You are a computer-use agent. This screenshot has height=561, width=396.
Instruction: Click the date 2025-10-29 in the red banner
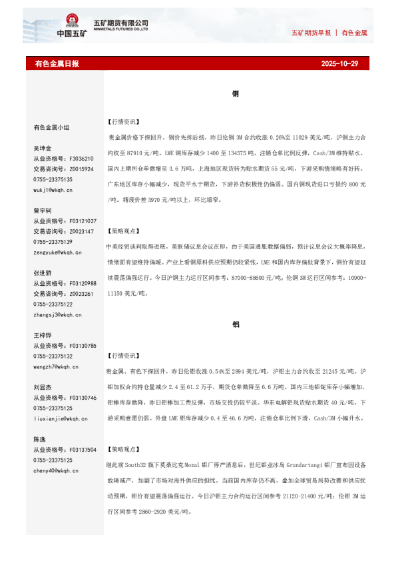[339, 64]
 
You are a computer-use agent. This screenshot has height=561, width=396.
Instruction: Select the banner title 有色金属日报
[57, 64]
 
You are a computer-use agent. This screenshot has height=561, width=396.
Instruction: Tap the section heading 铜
[236, 95]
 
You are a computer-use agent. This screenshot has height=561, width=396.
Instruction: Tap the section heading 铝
[236, 324]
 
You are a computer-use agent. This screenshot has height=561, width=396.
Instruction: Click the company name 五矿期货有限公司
[126, 23]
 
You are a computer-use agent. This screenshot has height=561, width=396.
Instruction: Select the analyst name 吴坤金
[43, 148]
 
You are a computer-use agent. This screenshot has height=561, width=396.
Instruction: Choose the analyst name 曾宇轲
[43, 210]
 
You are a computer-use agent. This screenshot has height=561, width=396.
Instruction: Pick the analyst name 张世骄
[43, 273]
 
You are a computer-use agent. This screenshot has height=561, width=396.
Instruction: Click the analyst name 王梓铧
[43, 334]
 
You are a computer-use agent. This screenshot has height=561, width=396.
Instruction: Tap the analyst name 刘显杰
[43, 386]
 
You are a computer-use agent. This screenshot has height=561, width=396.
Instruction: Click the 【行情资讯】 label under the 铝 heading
[123, 356]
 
